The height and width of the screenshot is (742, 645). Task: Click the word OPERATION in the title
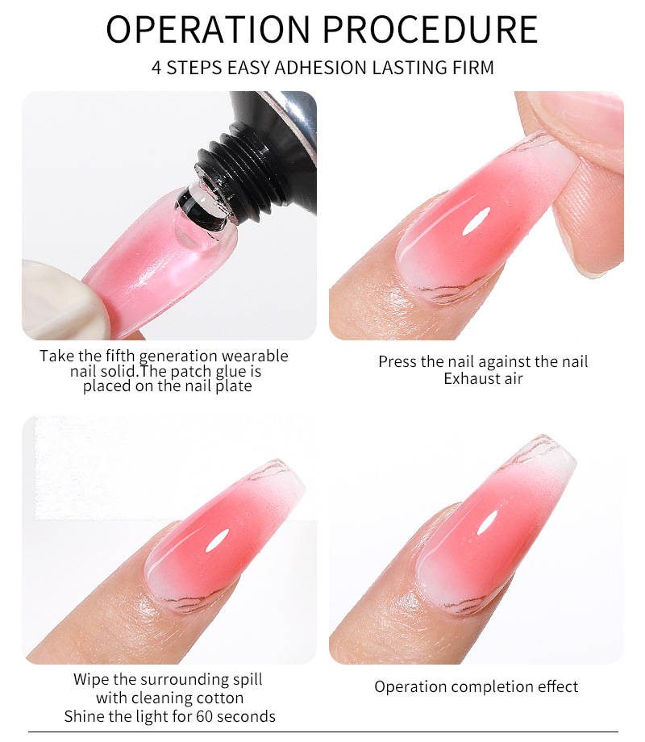tap(208, 29)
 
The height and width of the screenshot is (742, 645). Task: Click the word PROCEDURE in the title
tap(431, 29)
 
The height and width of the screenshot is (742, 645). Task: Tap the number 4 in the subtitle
tap(156, 68)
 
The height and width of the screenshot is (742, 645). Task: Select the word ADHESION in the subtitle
tap(322, 68)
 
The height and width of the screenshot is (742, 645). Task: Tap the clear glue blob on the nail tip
tap(200, 222)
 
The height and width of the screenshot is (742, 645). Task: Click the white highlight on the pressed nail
tap(475, 222)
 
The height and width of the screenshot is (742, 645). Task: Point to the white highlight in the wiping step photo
tap(217, 540)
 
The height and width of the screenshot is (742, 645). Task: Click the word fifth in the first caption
tap(120, 356)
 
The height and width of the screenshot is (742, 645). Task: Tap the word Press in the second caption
tap(397, 362)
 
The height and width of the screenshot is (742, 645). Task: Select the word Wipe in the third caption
tap(91, 680)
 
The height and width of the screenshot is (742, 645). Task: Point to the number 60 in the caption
tap(205, 716)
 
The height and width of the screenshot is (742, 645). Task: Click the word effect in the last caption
tap(555, 686)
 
